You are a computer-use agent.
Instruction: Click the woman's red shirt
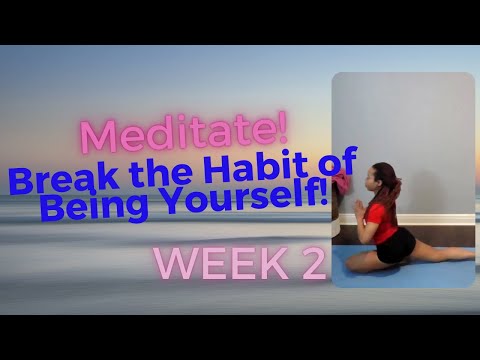[380, 214]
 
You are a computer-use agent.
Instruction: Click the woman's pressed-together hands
[355, 206]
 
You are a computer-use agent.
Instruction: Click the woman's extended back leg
[440, 254]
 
